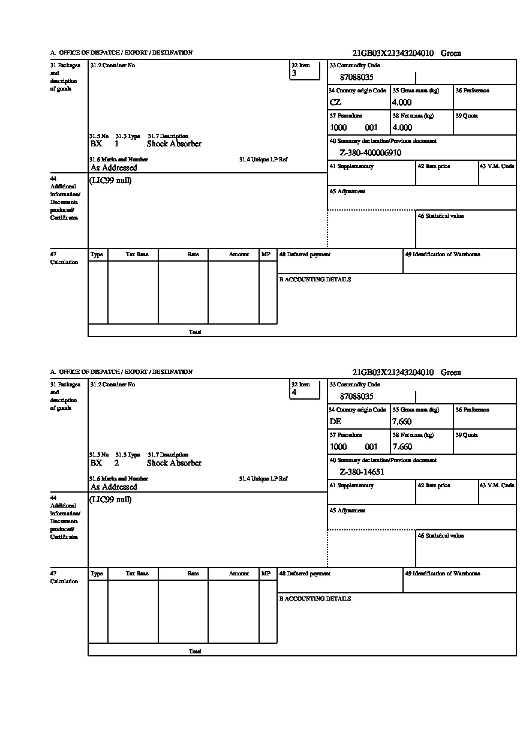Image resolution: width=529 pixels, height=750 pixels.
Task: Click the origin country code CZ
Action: pos(335,103)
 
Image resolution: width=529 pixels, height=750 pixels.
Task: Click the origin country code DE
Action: pos(336,422)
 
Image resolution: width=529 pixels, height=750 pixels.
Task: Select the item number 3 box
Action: pos(305,70)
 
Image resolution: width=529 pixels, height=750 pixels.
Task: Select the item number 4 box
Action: pos(305,389)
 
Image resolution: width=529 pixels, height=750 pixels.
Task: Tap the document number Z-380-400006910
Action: pos(370,153)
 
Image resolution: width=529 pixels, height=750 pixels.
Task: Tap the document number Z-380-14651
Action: pos(362,472)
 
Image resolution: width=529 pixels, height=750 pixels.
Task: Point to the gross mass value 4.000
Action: pos(402,103)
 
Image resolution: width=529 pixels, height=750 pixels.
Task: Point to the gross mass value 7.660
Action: pos(402,422)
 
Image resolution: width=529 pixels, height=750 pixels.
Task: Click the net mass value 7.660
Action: pos(402,447)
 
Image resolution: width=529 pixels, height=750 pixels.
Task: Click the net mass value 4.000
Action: pos(402,128)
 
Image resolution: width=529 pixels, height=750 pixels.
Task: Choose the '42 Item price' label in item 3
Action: pos(434,166)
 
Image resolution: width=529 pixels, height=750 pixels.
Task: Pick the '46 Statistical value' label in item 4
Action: pos(441,536)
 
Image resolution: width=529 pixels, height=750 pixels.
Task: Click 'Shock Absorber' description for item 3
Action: pos(174,144)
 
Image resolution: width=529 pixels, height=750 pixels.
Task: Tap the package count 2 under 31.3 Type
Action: pos(116,463)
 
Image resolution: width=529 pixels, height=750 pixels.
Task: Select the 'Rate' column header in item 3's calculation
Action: pos(193,254)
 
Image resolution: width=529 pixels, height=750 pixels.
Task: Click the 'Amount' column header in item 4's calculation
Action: pos(239,574)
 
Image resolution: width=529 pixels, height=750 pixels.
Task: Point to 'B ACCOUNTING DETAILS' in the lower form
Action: pos(315,599)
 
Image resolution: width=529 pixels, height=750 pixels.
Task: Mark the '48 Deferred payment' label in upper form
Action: pos(305,254)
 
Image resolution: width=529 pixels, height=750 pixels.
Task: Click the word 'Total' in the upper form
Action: pos(195,332)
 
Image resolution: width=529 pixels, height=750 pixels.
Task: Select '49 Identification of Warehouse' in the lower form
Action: pos(442,574)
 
